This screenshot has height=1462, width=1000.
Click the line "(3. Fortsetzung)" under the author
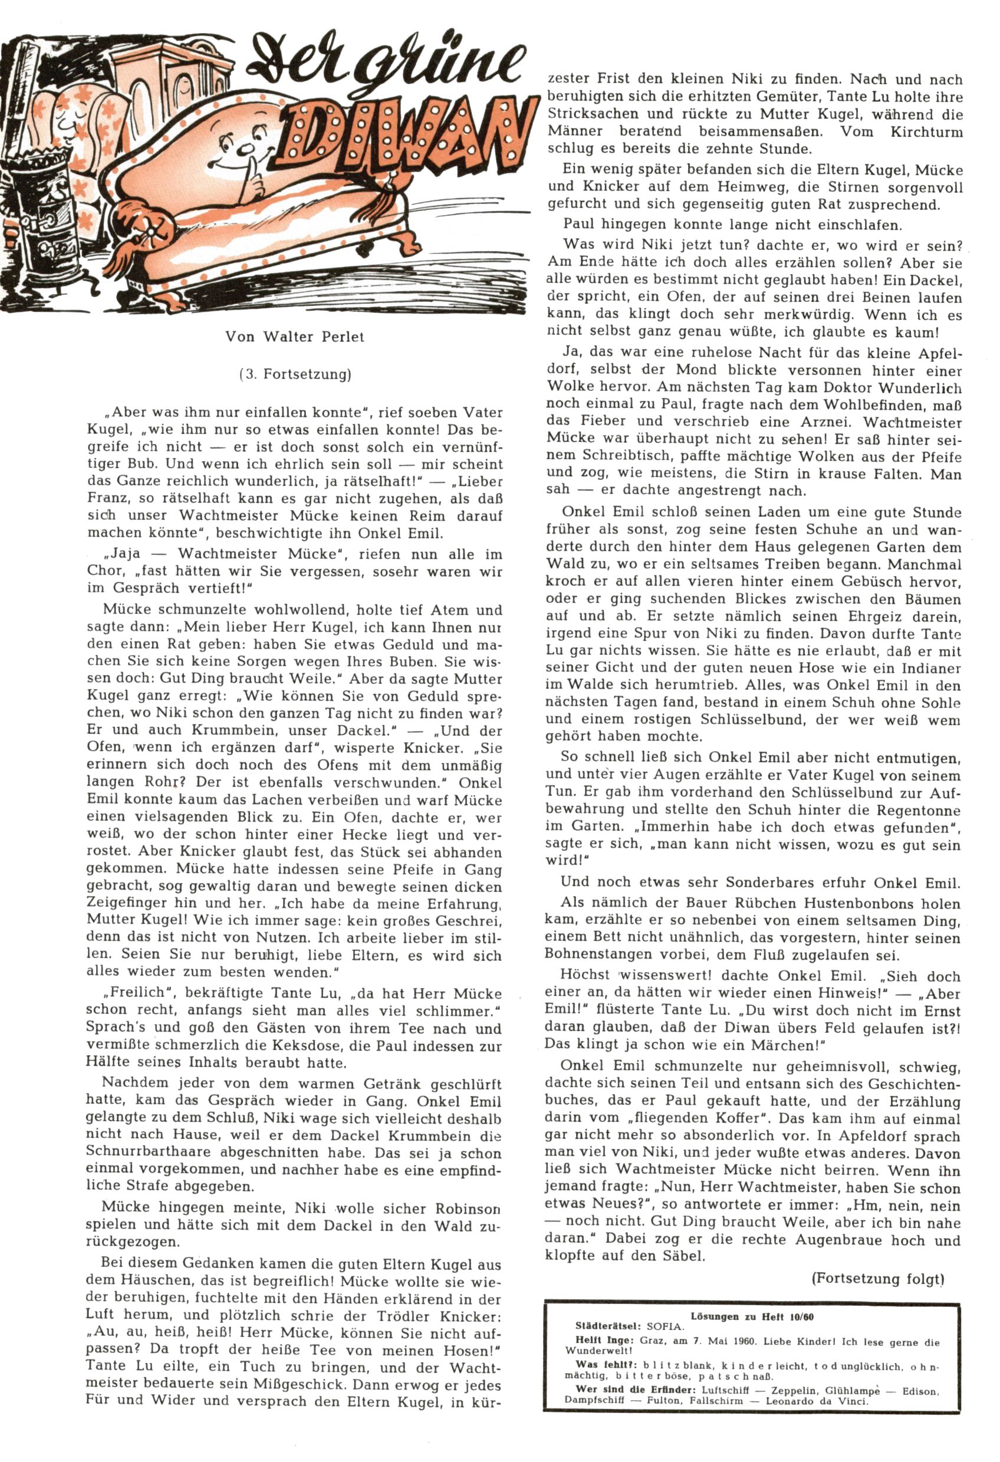(295, 374)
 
